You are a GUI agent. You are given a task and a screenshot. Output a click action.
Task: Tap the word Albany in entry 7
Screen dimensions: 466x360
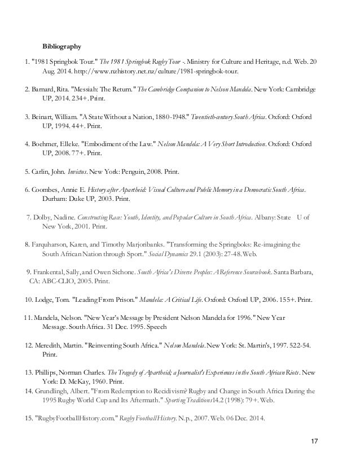pos(265,217)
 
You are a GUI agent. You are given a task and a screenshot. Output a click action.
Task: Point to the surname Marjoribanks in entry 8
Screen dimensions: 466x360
pos(162,244)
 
